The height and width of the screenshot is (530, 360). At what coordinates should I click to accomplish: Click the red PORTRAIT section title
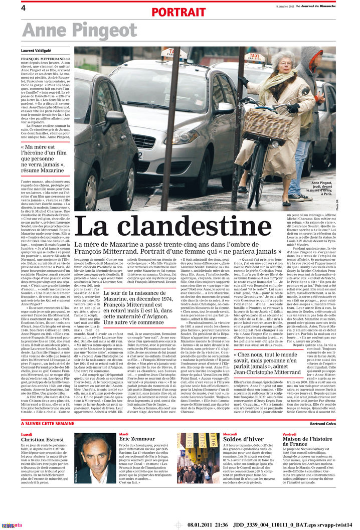pyautogui.click(x=178, y=12)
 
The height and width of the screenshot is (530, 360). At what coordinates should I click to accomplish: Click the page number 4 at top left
pyautogui.click(x=23, y=8)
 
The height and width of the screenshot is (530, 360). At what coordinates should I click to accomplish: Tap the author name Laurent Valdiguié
pyautogui.click(x=36, y=51)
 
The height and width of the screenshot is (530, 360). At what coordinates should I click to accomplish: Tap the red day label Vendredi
pyautogui.click(x=289, y=434)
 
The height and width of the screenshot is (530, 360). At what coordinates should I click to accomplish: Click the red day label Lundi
pyautogui.click(x=27, y=434)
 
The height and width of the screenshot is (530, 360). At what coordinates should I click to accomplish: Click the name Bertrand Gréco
pyautogui.click(x=323, y=424)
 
